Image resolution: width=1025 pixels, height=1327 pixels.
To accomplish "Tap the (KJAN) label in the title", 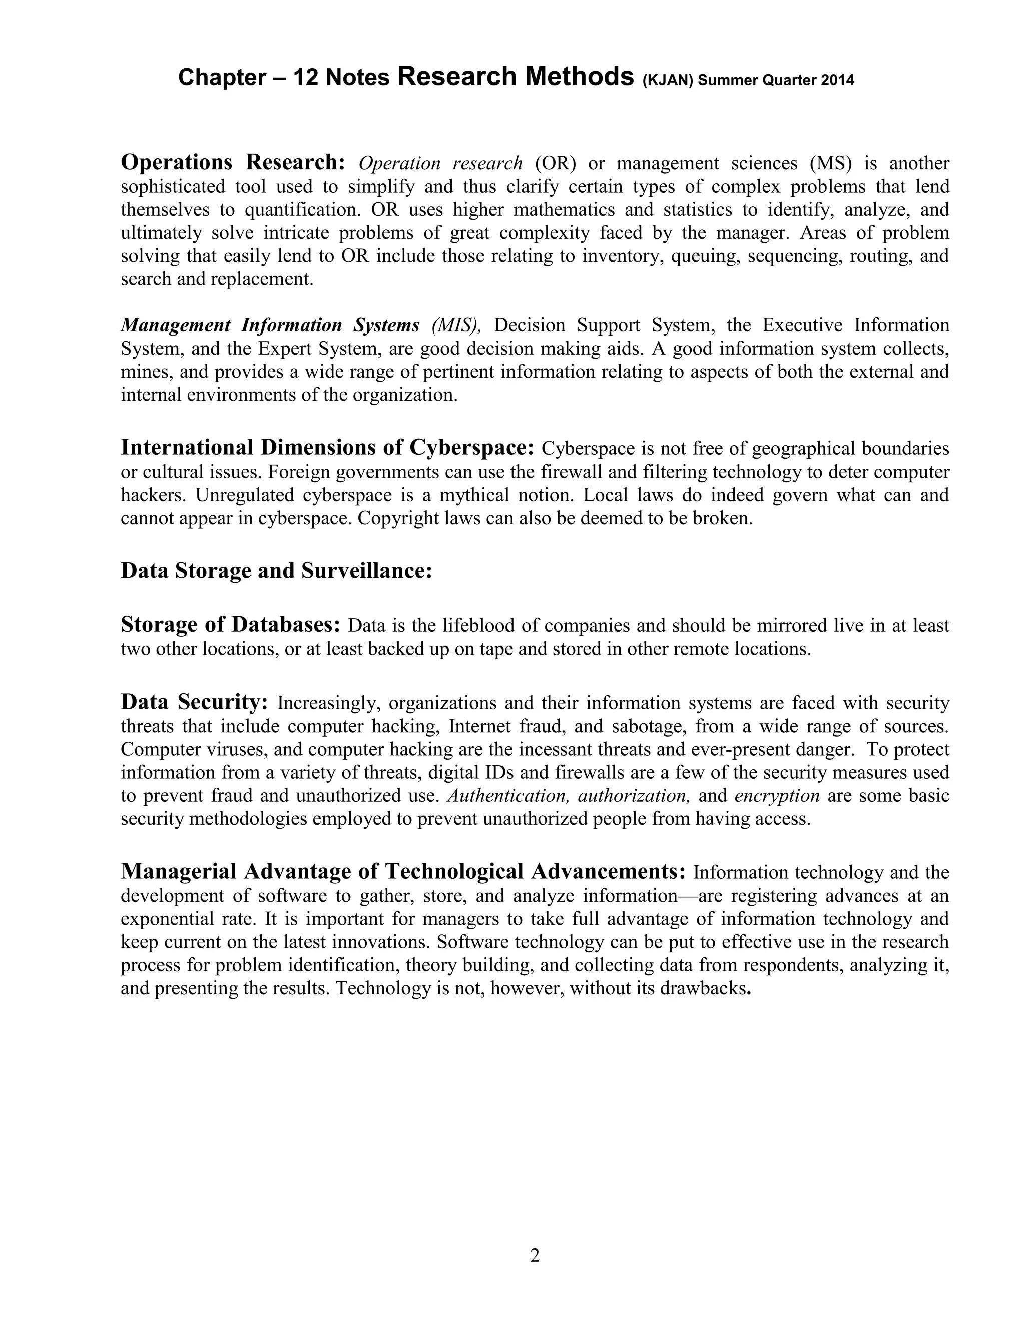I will pos(667,80).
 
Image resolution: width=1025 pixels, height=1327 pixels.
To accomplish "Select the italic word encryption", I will pos(777,796).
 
